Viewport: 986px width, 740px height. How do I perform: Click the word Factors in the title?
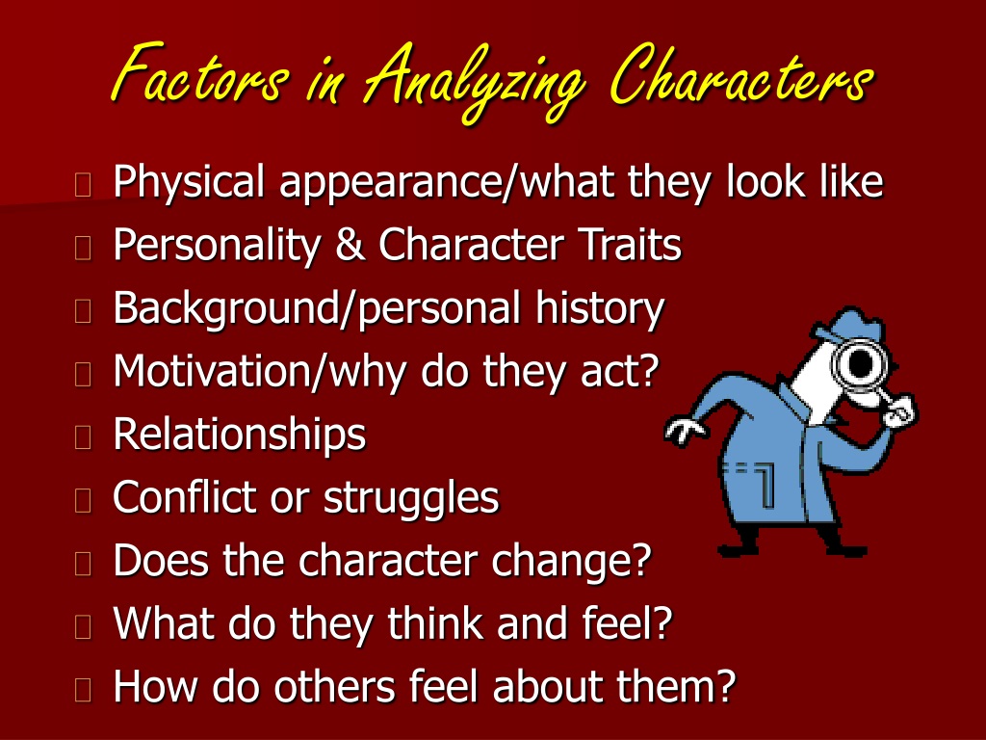coord(200,74)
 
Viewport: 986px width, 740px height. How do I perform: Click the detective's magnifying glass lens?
coord(859,363)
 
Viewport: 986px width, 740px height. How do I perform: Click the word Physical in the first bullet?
coord(189,182)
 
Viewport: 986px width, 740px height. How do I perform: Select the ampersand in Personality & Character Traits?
coord(350,244)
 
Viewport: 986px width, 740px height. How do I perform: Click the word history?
coord(600,309)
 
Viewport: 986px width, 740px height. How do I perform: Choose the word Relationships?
coord(240,435)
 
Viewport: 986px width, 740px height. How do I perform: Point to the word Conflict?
coord(184,496)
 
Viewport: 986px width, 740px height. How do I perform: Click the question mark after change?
coord(640,560)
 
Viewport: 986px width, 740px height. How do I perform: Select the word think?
coord(434,622)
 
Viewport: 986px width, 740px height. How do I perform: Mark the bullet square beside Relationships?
coord(83,436)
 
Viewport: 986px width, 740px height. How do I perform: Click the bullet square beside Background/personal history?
coord(83,311)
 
